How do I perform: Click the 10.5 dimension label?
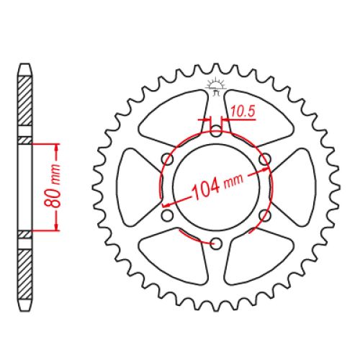[243, 112]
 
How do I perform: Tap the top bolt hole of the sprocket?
[216, 131]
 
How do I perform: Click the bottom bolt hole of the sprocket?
[216, 243]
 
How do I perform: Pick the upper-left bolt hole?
[167, 159]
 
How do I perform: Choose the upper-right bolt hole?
[265, 159]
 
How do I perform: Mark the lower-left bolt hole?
[167, 215]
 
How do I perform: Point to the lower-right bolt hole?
[265, 215]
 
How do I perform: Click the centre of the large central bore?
[216, 187]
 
